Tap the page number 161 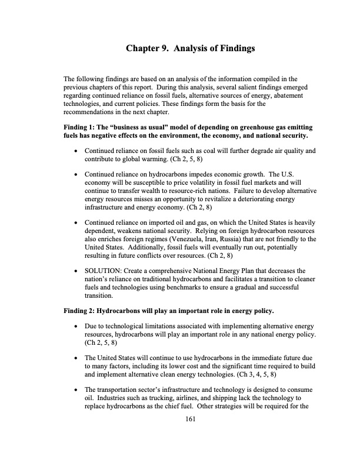point(189,418)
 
